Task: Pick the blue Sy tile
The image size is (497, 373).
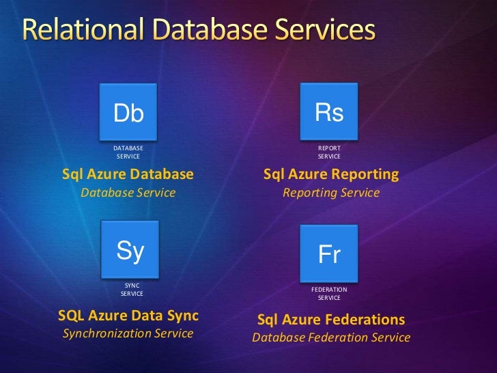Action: click(130, 251)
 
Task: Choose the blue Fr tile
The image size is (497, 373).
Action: click(329, 254)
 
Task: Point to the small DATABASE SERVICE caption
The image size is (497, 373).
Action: click(128, 152)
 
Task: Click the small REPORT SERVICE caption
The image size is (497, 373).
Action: click(329, 152)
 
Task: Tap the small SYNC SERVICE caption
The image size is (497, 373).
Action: click(132, 289)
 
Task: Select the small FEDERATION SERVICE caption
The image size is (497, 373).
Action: click(329, 293)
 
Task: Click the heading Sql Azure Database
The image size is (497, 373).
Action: click(128, 174)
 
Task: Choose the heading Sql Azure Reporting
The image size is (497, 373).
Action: click(331, 174)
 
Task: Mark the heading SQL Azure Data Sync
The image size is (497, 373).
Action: click(128, 316)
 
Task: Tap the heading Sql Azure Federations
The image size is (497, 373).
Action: click(331, 319)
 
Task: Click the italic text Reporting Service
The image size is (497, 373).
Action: click(331, 193)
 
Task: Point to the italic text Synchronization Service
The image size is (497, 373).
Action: click(128, 333)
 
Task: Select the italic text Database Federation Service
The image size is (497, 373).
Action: click(331, 337)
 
